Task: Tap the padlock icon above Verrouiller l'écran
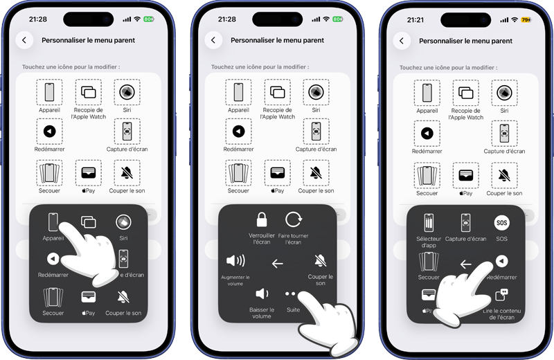tap(262, 220)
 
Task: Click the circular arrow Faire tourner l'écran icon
tap(294, 220)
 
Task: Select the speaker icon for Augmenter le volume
tap(235, 261)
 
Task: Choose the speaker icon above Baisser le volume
tap(262, 294)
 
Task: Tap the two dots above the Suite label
tap(291, 294)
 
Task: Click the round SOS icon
tap(501, 223)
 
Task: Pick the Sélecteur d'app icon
tap(429, 223)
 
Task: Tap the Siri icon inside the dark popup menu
tap(123, 222)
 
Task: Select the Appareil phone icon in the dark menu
tap(53, 222)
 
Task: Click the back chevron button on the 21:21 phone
tap(402, 40)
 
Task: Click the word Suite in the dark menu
tap(293, 309)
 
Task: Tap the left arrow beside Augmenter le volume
tap(277, 263)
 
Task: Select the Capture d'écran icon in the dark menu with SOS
tap(466, 223)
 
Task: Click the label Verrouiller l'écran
tap(262, 239)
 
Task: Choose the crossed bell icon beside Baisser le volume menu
tap(320, 261)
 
